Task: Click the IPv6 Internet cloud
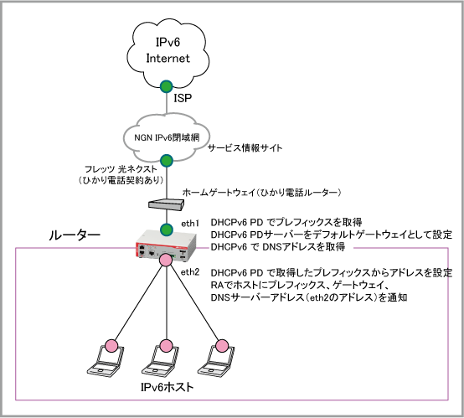pos(168,53)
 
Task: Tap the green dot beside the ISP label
pos(167,86)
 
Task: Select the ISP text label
pos(183,98)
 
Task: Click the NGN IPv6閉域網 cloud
pos(167,137)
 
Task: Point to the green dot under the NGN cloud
pos(167,161)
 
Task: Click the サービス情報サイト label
pos(245,147)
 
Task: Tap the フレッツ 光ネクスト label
pos(121,169)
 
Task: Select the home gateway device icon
pos(166,204)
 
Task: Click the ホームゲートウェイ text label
pos(261,193)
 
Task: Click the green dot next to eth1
pos(167,230)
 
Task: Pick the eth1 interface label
pos(190,224)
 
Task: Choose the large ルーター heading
pos(75,235)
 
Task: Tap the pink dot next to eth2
pos(166,260)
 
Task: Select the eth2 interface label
pos(190,272)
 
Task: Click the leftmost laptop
pos(106,361)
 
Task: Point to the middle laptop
pos(161,361)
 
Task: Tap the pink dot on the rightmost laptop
pos(221,346)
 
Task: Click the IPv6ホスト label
pos(167,387)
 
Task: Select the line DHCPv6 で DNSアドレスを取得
pos(278,247)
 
